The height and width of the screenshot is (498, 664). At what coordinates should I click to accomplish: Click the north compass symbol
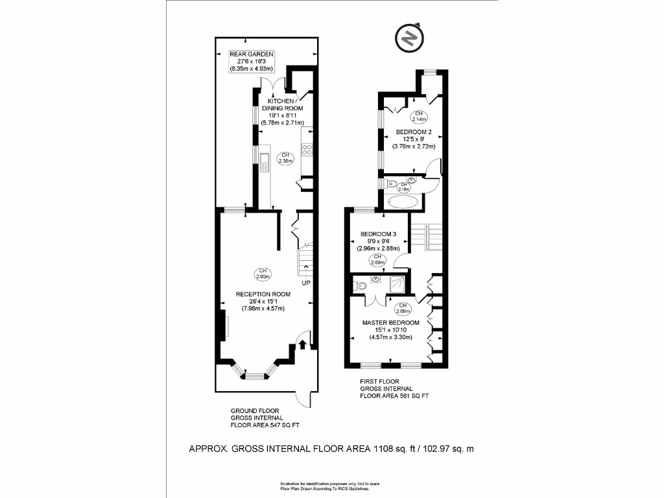click(x=409, y=39)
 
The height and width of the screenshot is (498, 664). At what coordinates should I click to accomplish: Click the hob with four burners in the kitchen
click(x=307, y=150)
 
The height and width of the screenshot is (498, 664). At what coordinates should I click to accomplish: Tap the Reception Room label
click(x=263, y=302)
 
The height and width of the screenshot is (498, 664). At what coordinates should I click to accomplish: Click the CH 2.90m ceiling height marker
click(x=263, y=274)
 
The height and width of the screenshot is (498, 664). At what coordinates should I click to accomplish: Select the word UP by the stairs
click(x=305, y=283)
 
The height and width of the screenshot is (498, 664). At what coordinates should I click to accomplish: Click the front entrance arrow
click(x=302, y=344)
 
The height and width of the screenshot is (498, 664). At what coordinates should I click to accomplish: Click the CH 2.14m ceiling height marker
click(x=419, y=117)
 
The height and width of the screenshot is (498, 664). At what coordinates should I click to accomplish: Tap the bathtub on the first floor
click(x=403, y=202)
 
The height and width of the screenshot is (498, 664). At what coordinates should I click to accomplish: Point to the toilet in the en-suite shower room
click(x=361, y=283)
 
